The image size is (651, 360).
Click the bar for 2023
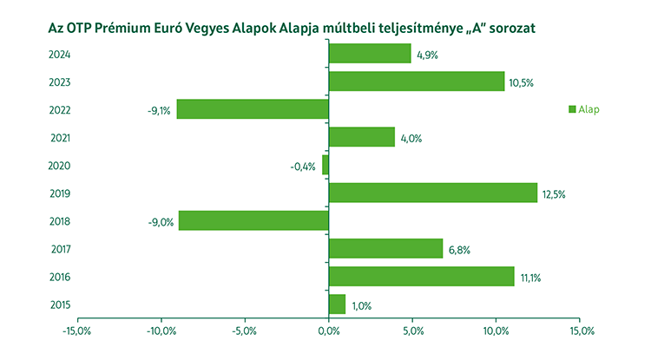(x=417, y=82)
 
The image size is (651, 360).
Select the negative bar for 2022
(x=253, y=109)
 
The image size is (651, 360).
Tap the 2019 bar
(x=433, y=193)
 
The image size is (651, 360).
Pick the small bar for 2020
(x=325, y=165)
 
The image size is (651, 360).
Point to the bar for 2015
(x=338, y=304)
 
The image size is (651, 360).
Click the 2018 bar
(x=253, y=220)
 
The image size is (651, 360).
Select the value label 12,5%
(x=554, y=194)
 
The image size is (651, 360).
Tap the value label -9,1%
(x=160, y=111)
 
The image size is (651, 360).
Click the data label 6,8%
(x=459, y=250)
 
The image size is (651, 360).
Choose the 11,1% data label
(x=530, y=278)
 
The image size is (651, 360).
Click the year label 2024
(x=60, y=55)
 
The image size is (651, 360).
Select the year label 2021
(x=60, y=138)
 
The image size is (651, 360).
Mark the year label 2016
(x=60, y=277)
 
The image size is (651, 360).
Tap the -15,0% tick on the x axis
(x=77, y=331)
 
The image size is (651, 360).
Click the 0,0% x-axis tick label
(x=329, y=331)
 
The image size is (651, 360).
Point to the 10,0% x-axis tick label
(x=496, y=331)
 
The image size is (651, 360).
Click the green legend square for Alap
(x=572, y=109)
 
